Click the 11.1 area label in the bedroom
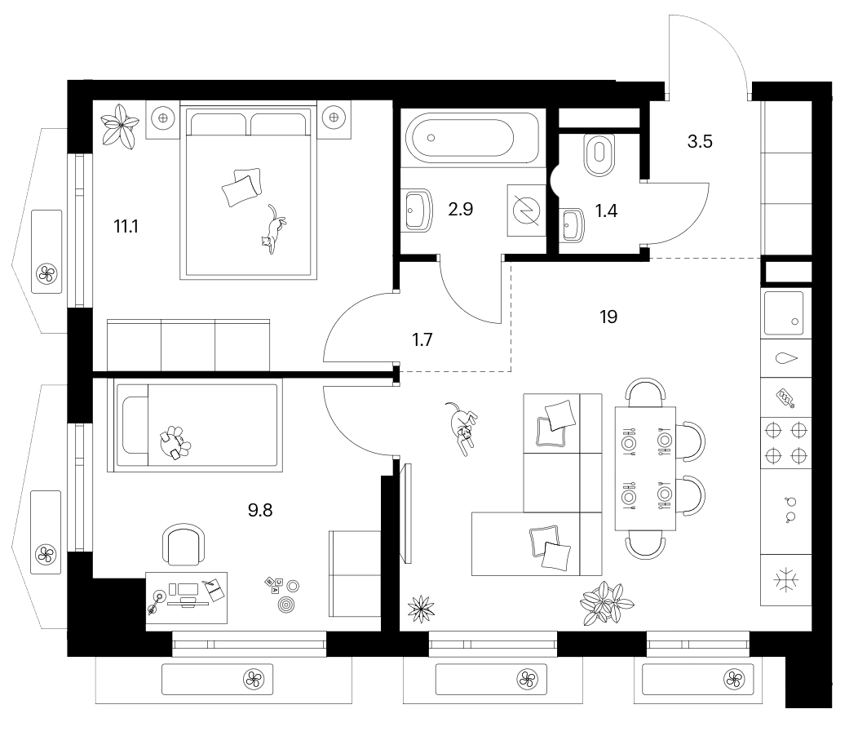126,226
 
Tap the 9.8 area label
260,510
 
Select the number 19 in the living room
608,317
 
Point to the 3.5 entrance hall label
700,142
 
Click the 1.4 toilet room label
606,211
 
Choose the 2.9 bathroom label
460,209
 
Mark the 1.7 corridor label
422,340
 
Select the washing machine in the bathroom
526,211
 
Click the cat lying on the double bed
273,228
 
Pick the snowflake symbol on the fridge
785,580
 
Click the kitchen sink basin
784,312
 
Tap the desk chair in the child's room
184,544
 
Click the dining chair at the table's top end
646,391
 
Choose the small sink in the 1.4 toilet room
572,224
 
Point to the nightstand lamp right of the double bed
334,117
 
